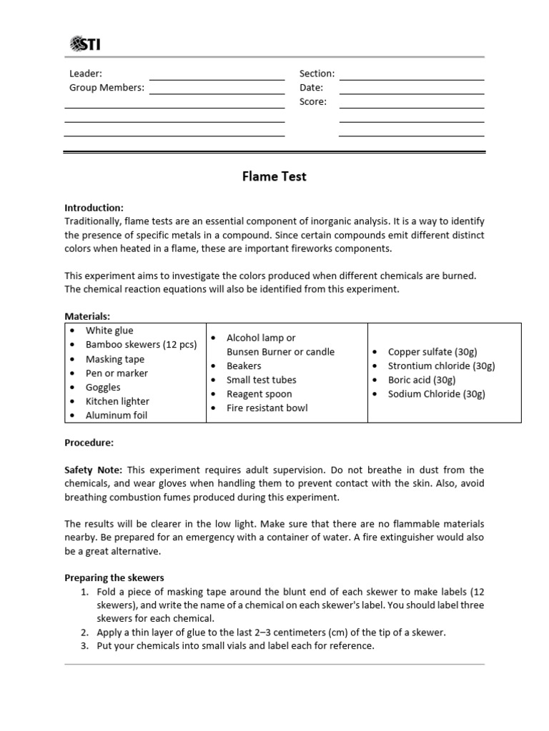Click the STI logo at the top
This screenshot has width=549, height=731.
(85, 45)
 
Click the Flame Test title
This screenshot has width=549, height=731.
(274, 176)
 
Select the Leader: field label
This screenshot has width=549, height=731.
(85, 74)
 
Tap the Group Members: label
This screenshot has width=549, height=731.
(107, 88)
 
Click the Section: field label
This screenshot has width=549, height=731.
(317, 74)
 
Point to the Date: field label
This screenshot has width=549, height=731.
(311, 88)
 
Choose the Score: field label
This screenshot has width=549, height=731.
(312, 102)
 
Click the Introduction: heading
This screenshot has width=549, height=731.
(94, 208)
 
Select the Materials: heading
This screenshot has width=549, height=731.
(87, 316)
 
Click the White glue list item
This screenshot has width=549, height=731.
(109, 331)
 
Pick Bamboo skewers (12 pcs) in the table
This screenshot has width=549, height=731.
(141, 345)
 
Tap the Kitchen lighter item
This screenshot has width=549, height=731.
(117, 401)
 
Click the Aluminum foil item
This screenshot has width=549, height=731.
(117, 415)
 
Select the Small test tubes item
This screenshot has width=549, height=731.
(261, 380)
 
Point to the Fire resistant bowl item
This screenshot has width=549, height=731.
(267, 408)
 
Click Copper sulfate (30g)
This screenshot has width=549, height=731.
(432, 352)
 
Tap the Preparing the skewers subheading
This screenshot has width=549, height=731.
(115, 578)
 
